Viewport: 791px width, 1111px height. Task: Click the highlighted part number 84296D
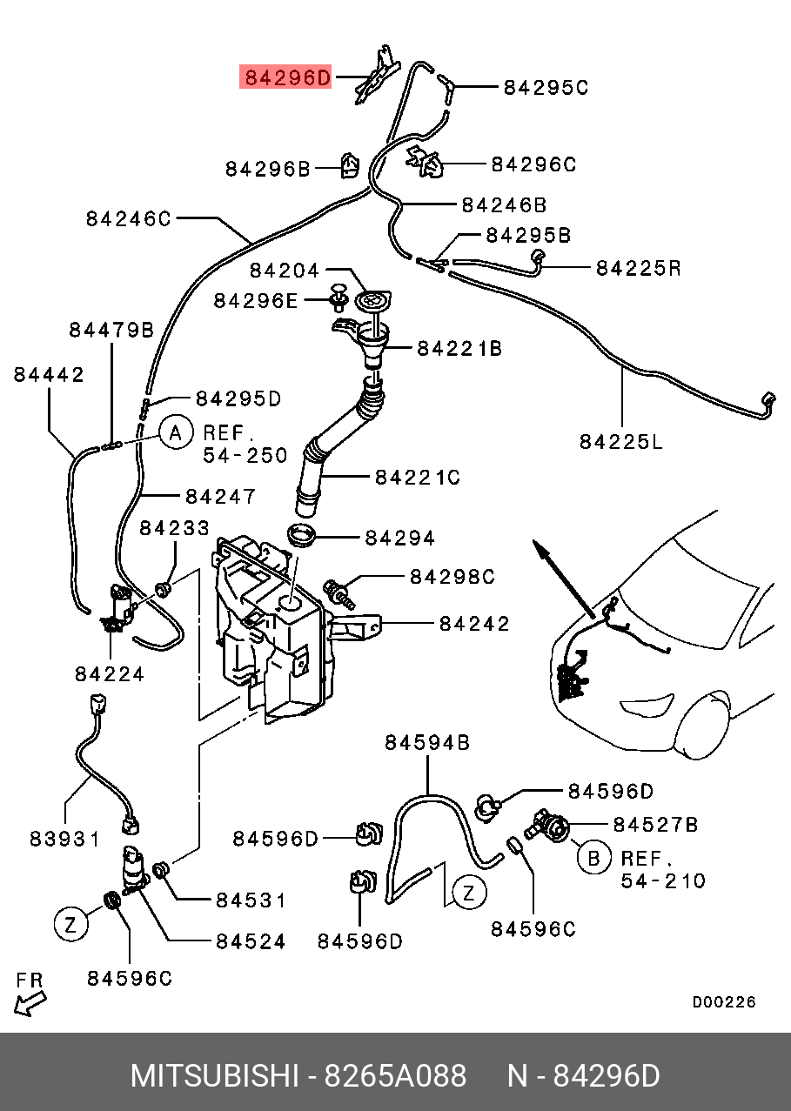click(286, 78)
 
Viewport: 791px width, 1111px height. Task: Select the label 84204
click(285, 271)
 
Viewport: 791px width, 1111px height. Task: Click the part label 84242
click(474, 623)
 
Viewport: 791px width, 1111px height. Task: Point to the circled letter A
click(175, 432)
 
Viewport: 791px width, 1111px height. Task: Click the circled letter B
click(593, 858)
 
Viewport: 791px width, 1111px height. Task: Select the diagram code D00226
click(724, 1002)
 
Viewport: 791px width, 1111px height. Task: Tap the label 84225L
click(620, 442)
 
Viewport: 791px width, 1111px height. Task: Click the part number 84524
click(250, 941)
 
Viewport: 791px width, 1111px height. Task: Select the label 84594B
click(427, 742)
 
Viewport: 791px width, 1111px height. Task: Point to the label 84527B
click(655, 824)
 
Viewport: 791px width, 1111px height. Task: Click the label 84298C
click(452, 576)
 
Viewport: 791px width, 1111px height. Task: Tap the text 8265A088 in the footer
click(395, 1076)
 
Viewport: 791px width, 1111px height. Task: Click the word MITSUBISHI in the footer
click(214, 1076)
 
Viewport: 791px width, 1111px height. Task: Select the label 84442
click(49, 374)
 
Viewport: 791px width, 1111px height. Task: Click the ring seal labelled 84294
click(301, 535)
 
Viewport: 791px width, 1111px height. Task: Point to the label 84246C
click(129, 218)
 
